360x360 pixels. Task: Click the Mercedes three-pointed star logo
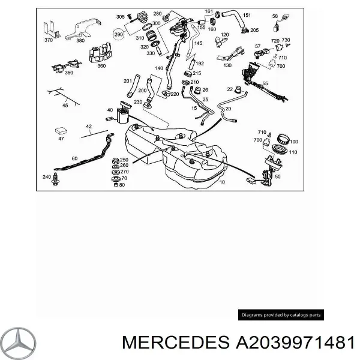click(19, 343)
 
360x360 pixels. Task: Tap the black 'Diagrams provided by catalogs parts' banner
click(281, 314)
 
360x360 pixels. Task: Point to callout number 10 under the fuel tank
click(223, 181)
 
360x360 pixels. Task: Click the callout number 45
click(65, 106)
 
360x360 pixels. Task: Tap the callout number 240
click(47, 177)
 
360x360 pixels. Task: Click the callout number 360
click(101, 66)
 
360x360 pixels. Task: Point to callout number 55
click(265, 83)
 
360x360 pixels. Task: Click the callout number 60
click(74, 158)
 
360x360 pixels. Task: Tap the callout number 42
click(89, 126)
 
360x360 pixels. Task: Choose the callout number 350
click(69, 73)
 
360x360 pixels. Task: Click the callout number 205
click(254, 30)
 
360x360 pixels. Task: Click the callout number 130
click(227, 65)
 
